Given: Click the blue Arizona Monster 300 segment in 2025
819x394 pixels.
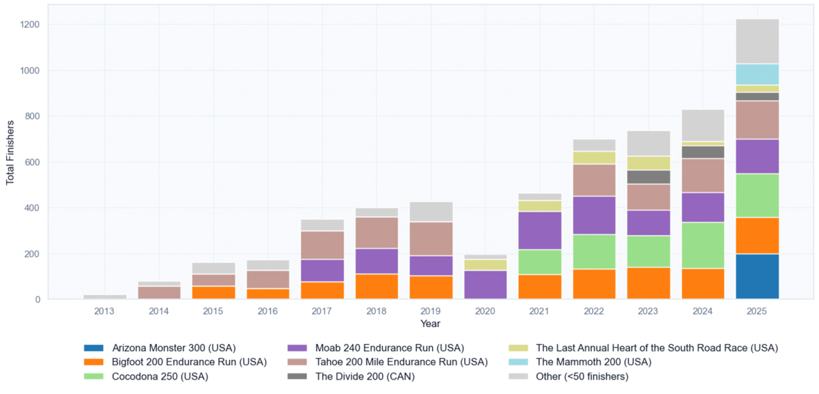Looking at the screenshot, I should pos(757,277).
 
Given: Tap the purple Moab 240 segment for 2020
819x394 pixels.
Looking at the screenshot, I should pos(485,285).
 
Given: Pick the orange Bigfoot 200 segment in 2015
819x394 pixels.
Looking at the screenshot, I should pos(214,292).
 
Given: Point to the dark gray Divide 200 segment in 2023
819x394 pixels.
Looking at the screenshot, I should pos(648,177).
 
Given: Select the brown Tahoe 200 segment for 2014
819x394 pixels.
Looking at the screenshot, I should pos(159,292).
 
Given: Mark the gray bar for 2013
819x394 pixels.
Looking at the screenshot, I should pos(105,296).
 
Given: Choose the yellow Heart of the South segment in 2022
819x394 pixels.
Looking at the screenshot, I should pos(594,158).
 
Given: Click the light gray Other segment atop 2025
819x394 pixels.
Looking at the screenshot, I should pos(757,42).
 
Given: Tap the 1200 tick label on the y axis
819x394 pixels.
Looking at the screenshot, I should pos(30,25).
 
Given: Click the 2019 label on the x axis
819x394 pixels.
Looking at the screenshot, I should pos(431,311).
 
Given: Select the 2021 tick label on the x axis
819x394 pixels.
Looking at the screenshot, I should pos(539,311).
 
